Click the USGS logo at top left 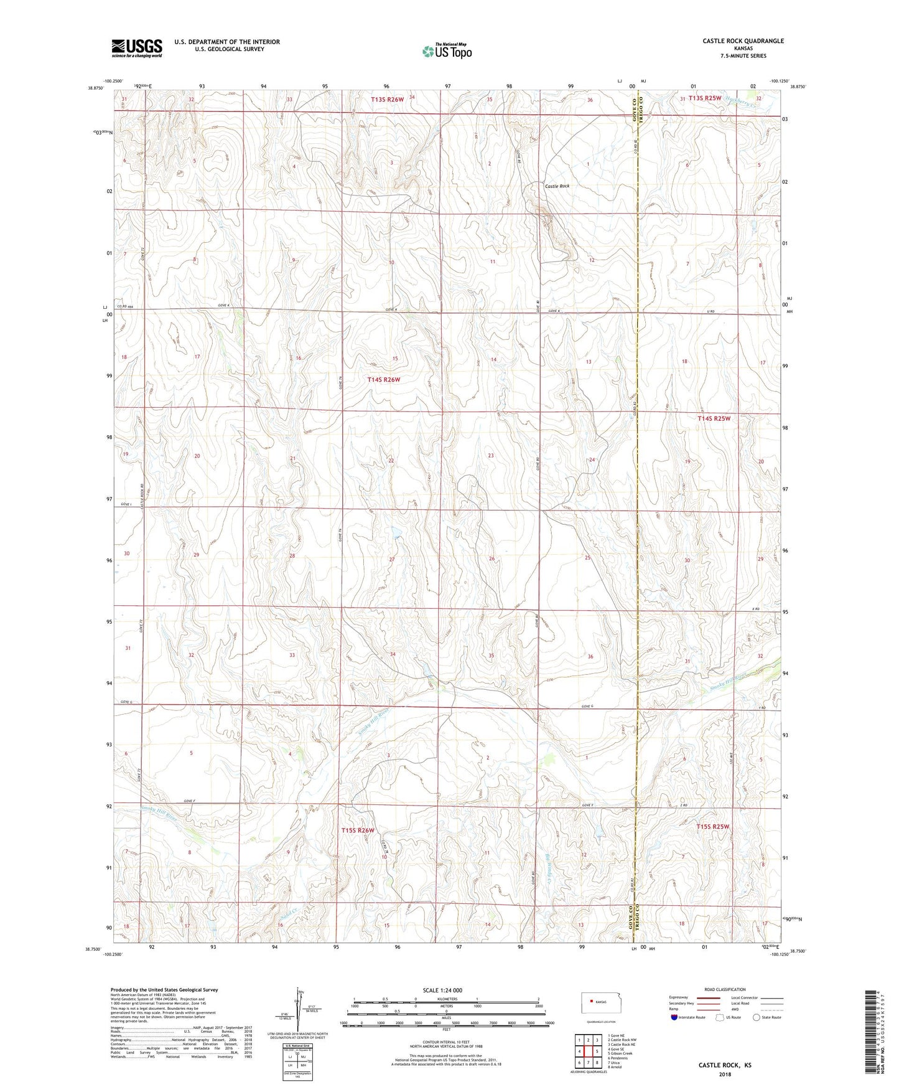click(137, 48)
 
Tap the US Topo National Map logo click(447, 51)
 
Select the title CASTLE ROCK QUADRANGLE click(743, 41)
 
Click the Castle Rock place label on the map click(557, 186)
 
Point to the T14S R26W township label click(383, 379)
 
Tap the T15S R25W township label click(712, 826)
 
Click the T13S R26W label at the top click(388, 99)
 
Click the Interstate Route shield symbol click(675, 1017)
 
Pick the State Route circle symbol click(757, 1017)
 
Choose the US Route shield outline click(720, 1017)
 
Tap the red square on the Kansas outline click(591, 1002)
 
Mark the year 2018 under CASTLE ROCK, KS click(725, 1074)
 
